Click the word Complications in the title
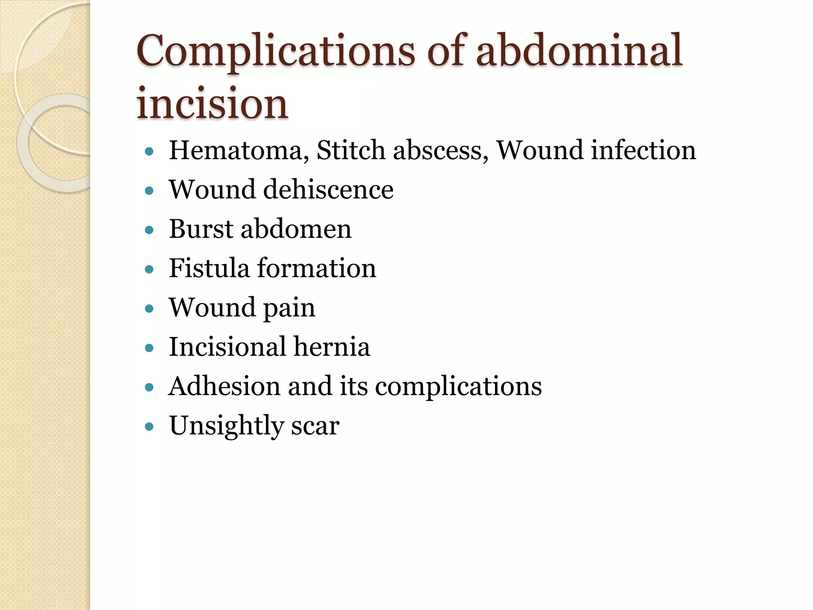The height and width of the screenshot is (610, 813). pos(275,52)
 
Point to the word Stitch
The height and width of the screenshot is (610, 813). pos(351,151)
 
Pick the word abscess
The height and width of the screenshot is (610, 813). pos(441,151)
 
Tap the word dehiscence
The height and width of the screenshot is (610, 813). pos(328,189)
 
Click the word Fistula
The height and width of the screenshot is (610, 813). pos(209,268)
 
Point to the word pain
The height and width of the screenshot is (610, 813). pos(289,308)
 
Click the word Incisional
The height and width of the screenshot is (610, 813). pos(227,347)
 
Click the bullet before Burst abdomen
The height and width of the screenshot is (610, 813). pos(149,230)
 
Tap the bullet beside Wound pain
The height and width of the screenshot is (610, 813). pos(149,309)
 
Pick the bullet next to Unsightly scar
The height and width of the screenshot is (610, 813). pos(149,427)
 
